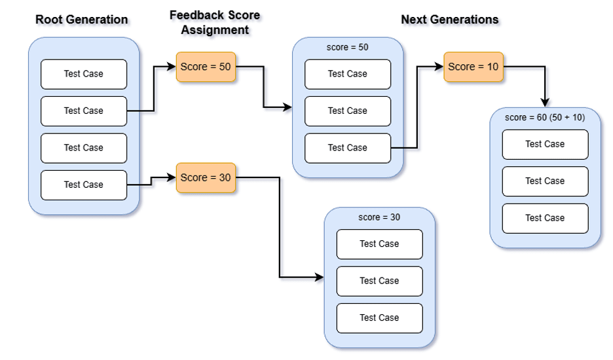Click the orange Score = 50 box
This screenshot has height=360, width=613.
pos(206,67)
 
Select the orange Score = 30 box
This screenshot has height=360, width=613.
pos(206,177)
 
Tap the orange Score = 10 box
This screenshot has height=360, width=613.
pos(473,67)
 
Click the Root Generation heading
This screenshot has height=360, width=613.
pos(82,20)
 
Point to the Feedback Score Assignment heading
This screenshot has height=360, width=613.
pos(215,22)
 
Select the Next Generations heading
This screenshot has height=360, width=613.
pos(449,20)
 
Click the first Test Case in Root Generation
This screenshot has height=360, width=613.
pos(84,74)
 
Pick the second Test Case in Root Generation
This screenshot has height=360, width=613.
pos(84,111)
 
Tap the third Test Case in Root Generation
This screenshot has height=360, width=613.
pos(84,148)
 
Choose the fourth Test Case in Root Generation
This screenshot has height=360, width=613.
pos(84,185)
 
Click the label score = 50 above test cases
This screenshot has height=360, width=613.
pos(348,47)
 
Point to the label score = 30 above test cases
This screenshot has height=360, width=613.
pos(379,217)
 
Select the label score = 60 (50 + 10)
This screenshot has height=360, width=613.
pos(545,117)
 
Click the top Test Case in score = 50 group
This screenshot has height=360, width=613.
pos(348,74)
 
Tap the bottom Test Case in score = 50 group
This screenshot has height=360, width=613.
pos(348,148)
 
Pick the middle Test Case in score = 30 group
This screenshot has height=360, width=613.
pos(379,281)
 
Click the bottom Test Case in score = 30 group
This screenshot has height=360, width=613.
pos(379,318)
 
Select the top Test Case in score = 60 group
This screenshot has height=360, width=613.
pos(545,144)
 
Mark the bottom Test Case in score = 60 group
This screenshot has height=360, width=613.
pos(545,218)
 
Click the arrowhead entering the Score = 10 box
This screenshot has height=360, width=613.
pos(439,67)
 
